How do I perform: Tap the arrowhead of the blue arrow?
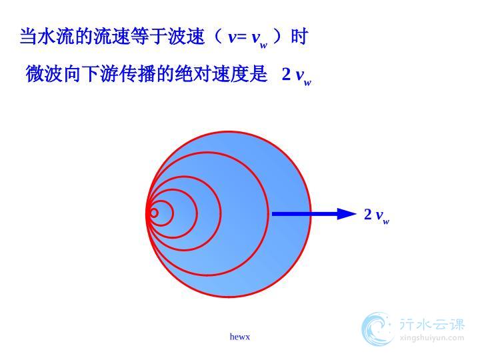tap(347, 214)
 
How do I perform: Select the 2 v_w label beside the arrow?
tap(377, 216)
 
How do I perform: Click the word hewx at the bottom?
tap(240, 337)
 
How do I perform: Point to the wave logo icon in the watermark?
tap(377, 329)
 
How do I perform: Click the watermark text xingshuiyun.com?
tap(431, 338)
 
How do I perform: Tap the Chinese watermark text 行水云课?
tap(432, 324)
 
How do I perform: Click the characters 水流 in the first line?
tap(56, 37)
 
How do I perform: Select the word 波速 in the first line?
tap(186, 37)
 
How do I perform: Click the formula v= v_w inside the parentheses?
tap(248, 38)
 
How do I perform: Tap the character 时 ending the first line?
tap(299, 37)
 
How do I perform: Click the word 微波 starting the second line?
tap(45, 74)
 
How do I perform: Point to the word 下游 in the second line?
tap(100, 74)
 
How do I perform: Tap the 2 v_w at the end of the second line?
tap(296, 75)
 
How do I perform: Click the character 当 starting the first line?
tap(29, 37)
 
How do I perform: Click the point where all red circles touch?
tap(147, 213)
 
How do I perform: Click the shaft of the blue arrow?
tap(305, 214)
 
